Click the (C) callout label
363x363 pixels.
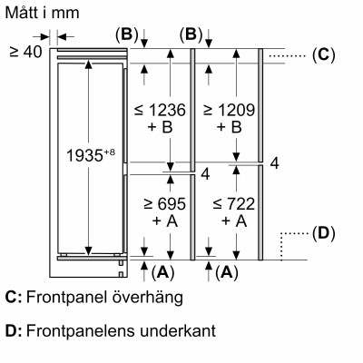pyautogui.click(x=323, y=54)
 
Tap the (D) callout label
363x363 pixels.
pyautogui.click(x=323, y=234)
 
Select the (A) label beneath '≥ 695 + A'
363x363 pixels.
pyautogui.click(x=162, y=271)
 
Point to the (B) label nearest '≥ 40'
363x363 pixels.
pyautogui.click(x=125, y=35)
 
